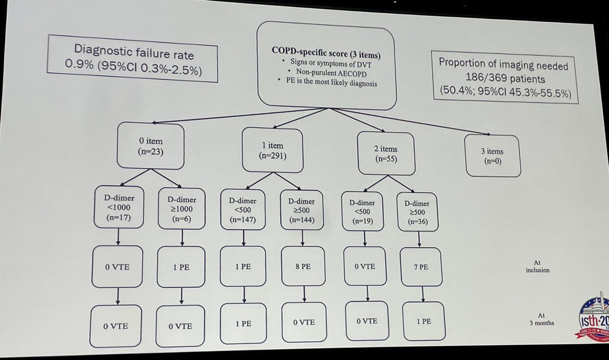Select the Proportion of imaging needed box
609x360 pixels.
(503, 77)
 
